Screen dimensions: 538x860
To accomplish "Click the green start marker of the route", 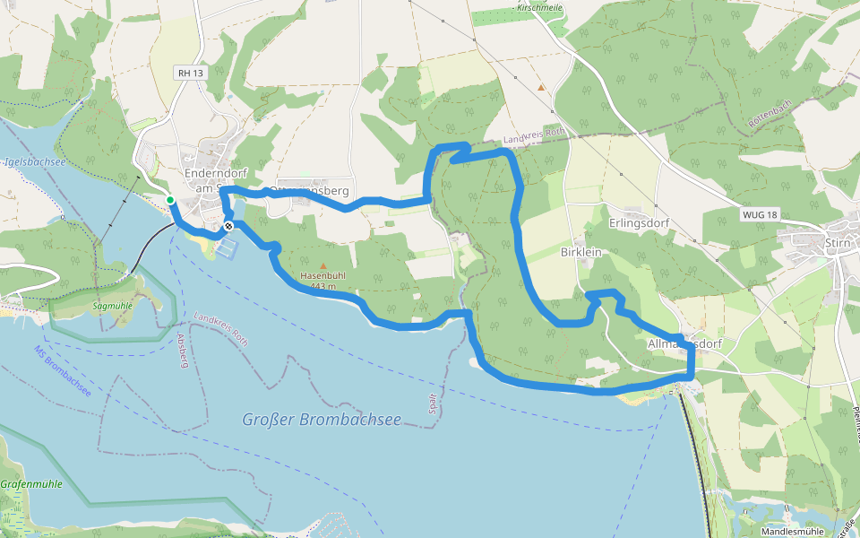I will click(170, 200).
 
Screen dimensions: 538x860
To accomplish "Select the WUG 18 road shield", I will click(761, 215).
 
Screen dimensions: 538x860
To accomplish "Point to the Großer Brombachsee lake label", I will click(322, 419).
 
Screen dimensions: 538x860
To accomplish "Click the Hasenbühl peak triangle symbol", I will click(323, 265).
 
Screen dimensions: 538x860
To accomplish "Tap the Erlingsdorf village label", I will click(640, 222).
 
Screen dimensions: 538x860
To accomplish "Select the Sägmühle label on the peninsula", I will click(113, 306).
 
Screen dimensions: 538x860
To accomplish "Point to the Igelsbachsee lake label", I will click(34, 162).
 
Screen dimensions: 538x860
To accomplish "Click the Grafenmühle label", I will click(31, 483).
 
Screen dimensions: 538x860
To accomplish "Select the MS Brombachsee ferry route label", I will click(63, 371).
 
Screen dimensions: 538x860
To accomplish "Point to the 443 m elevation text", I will click(322, 286).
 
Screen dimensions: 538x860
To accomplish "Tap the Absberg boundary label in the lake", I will click(183, 349).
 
